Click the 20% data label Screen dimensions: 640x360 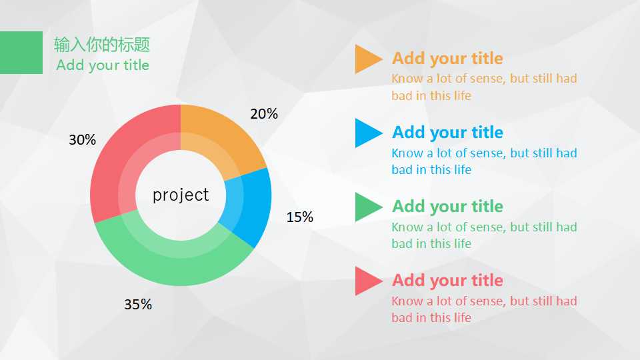pos(264,113)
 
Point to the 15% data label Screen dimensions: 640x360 pos(299,217)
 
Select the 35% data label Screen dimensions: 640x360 pos(138,304)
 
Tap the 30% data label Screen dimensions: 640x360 pos(83,139)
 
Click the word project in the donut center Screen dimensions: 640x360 pos(181,195)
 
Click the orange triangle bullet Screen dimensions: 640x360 pos(366,59)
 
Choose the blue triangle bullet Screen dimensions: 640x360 pos(366,133)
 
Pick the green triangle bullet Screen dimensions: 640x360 pos(366,207)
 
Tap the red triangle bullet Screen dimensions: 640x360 pos(366,281)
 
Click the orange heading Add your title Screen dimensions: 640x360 pos(447,59)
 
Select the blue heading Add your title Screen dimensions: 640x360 pos(447,132)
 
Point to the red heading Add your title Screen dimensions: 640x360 pos(447,281)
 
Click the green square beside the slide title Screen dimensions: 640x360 pos(21,53)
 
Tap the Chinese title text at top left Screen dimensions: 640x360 pos(102,45)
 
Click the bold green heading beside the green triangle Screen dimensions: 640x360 pos(447,206)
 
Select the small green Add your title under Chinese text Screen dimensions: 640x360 pos(103,65)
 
